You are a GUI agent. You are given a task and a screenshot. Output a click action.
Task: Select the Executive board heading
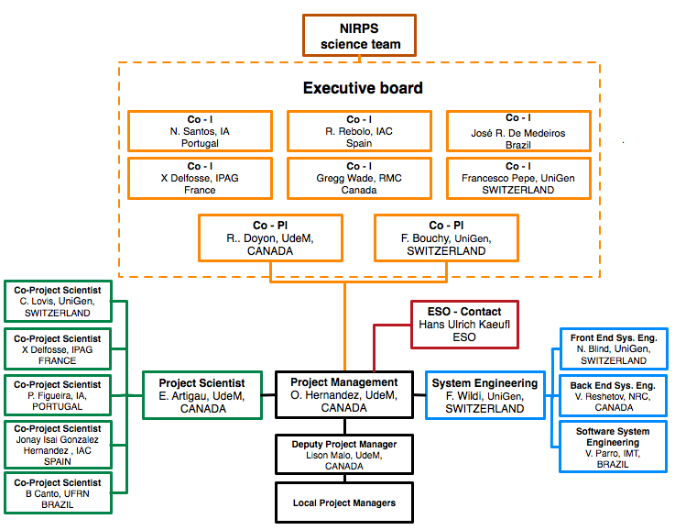click(363, 88)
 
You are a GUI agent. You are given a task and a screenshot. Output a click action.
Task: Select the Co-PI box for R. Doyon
click(270, 237)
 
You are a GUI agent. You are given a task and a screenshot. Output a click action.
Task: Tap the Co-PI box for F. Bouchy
click(446, 237)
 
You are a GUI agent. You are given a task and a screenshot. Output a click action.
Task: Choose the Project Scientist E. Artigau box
click(202, 395)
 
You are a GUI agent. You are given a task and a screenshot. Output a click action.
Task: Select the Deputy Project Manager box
click(343, 454)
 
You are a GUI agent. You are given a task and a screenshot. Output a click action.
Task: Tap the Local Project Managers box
click(343, 502)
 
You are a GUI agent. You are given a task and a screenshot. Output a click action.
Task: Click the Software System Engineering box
click(613, 446)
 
